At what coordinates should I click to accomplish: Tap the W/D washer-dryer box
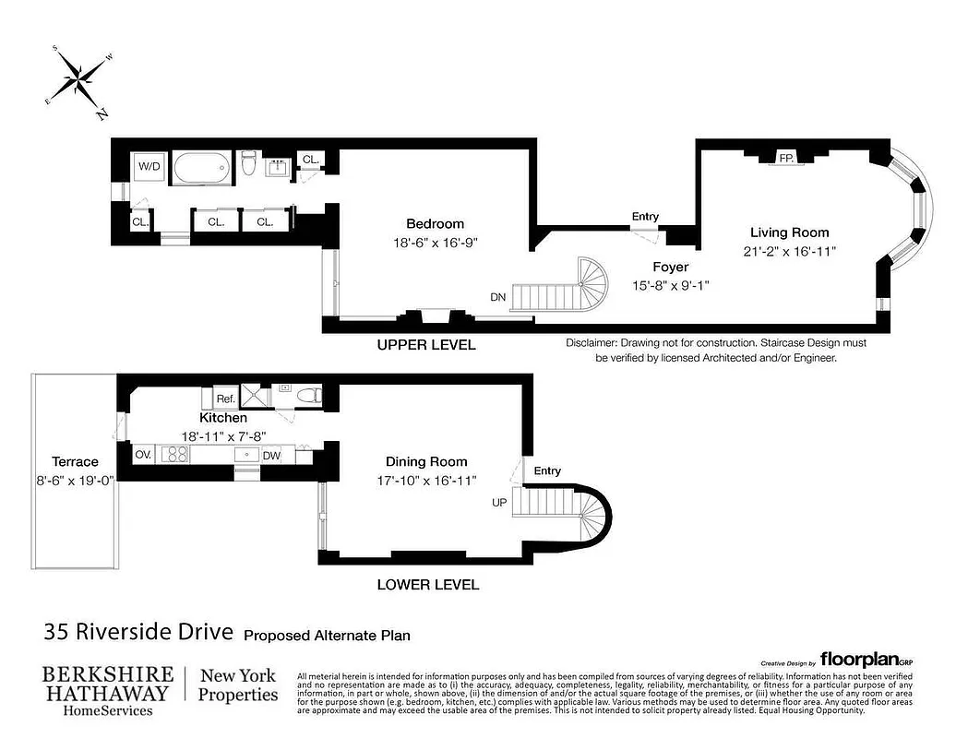click(x=148, y=167)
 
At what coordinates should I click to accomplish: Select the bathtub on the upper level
click(x=201, y=168)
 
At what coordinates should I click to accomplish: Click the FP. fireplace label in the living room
click(x=786, y=159)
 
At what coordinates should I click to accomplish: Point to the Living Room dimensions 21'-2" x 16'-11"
click(x=789, y=251)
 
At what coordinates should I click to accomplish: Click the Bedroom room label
click(x=435, y=223)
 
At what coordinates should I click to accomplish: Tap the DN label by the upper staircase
click(x=498, y=297)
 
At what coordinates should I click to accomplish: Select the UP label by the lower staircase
click(x=499, y=504)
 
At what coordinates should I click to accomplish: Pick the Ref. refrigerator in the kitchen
click(x=225, y=399)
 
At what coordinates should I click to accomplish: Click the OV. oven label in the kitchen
click(x=143, y=455)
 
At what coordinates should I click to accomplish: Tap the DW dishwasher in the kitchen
click(x=272, y=455)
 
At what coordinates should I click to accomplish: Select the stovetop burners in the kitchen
click(x=175, y=454)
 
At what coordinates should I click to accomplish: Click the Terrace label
click(x=76, y=461)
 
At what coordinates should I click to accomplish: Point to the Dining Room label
click(x=426, y=461)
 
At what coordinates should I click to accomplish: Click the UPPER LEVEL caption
click(x=426, y=345)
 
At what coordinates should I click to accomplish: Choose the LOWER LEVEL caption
click(x=428, y=584)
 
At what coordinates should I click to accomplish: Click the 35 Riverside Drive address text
click(x=139, y=633)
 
